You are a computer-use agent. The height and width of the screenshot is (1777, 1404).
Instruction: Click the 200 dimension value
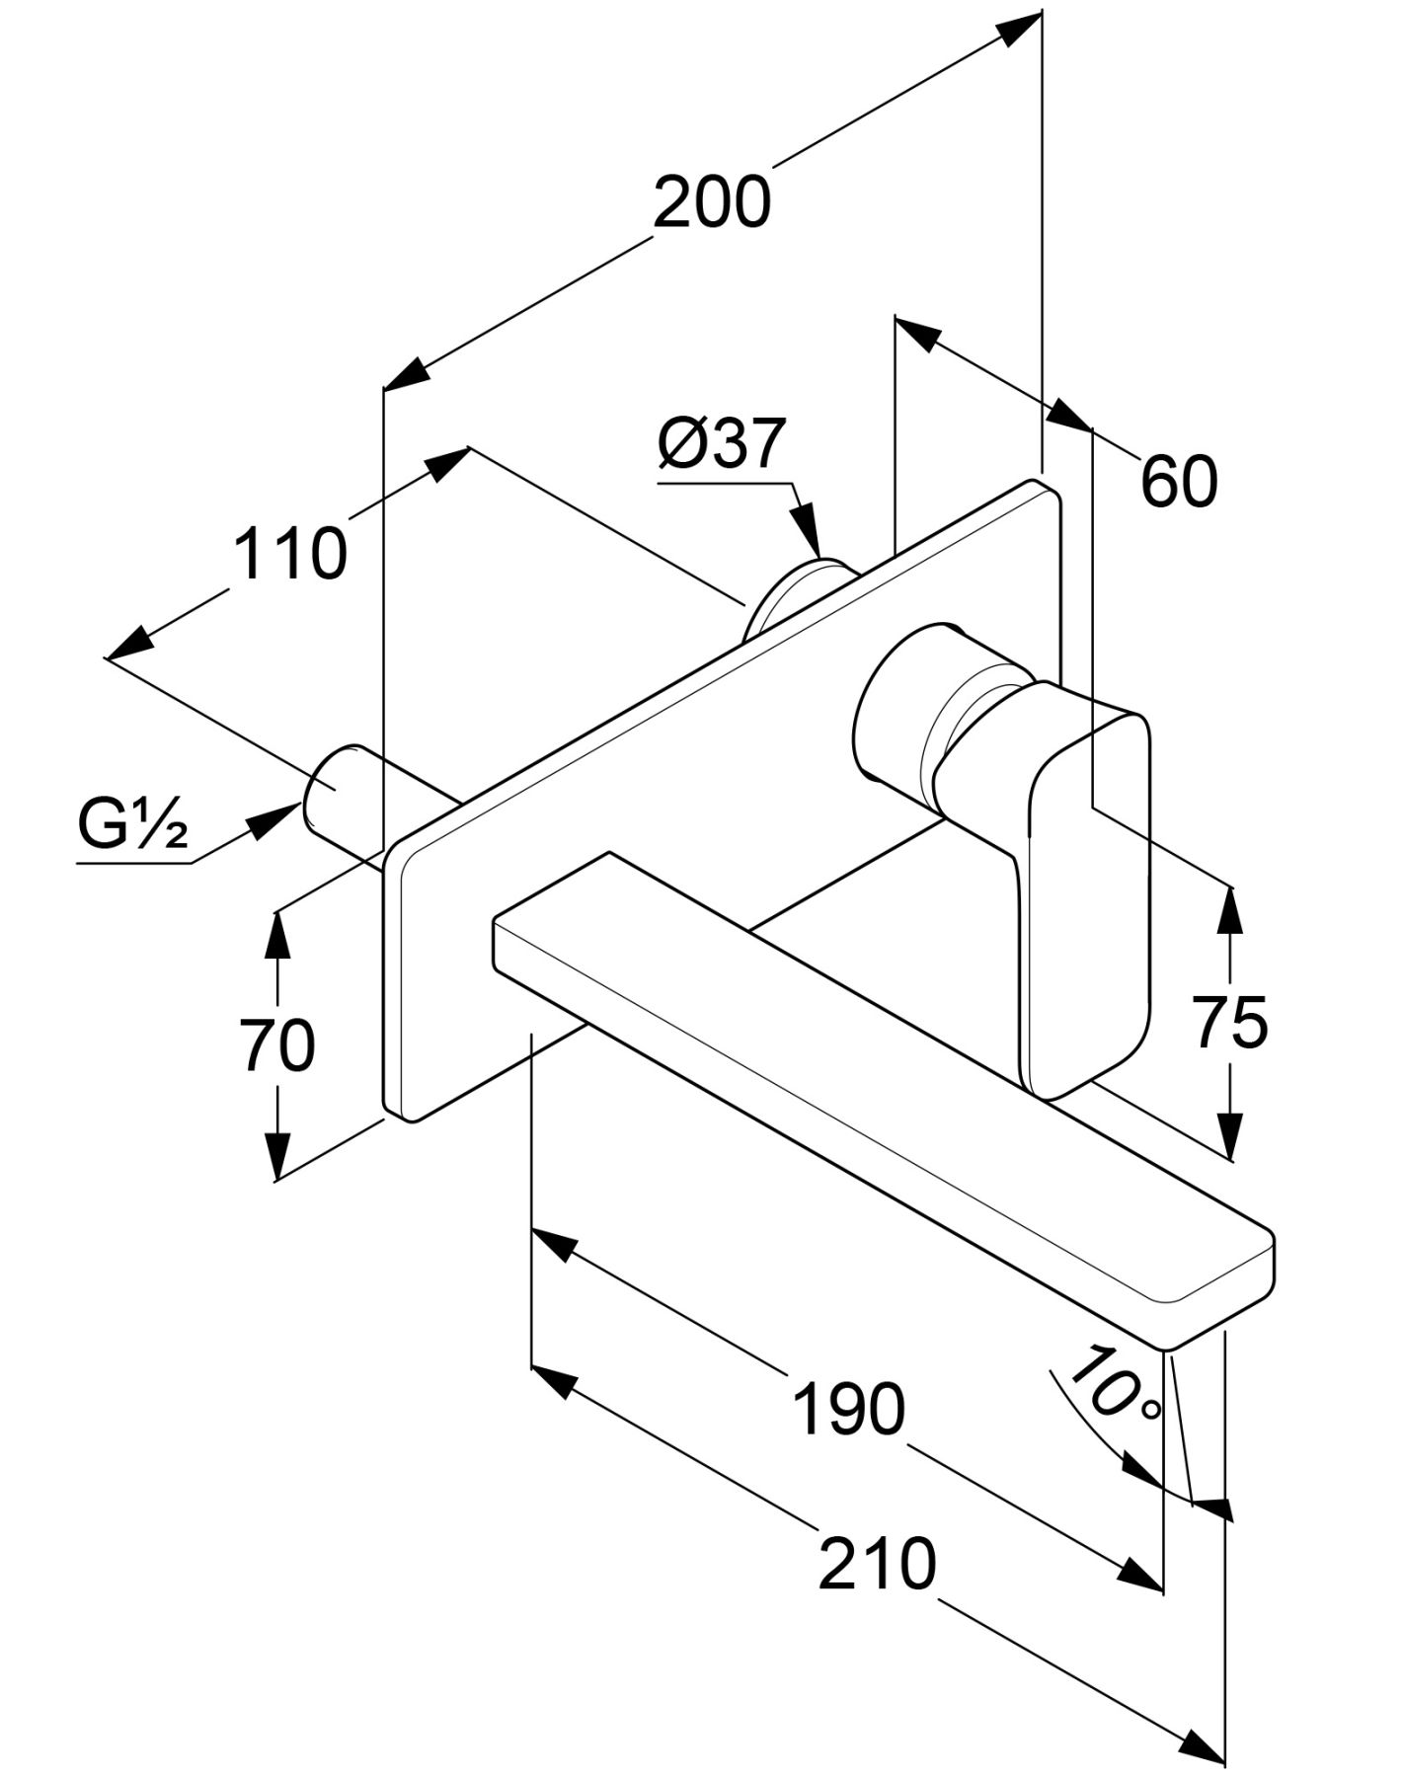tap(711, 202)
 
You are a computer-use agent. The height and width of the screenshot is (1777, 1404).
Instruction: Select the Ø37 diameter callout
tap(722, 443)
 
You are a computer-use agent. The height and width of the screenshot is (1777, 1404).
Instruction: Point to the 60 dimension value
tap(1179, 482)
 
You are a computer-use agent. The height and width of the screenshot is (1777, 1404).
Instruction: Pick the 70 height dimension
tap(277, 1045)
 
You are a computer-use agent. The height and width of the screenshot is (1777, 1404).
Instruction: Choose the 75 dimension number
tap(1229, 1023)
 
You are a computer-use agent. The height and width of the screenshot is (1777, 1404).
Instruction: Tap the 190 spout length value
tap(848, 1409)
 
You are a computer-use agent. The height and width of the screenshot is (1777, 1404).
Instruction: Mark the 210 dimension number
tap(877, 1564)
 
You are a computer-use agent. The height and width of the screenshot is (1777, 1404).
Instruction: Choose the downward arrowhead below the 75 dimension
tap(1229, 1135)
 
